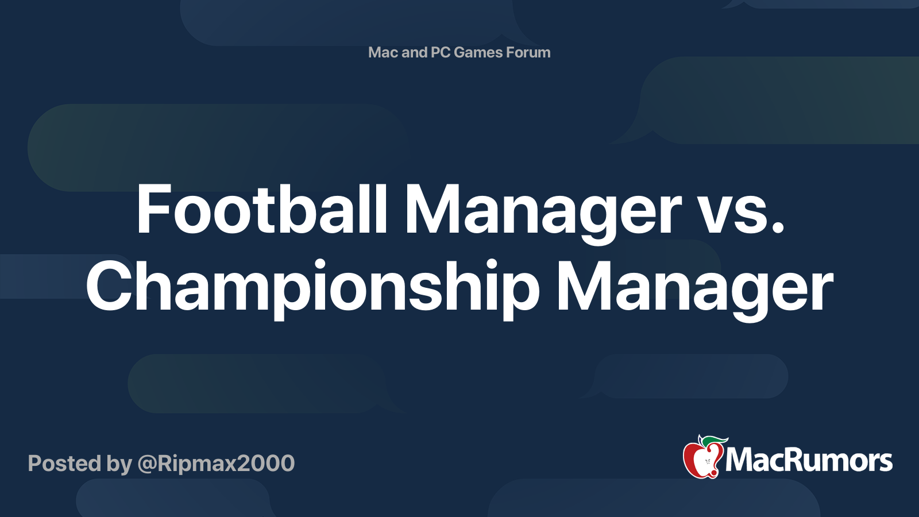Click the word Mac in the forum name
(383, 52)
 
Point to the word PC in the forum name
(440, 52)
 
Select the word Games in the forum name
(478, 52)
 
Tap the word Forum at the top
(528, 52)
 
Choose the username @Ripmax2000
(216, 463)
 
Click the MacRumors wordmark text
(809, 460)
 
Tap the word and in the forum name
(414, 52)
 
